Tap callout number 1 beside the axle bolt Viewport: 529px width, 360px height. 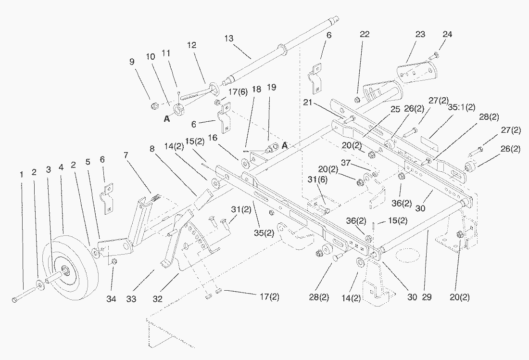(x=22, y=174)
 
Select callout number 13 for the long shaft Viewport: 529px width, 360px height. (x=229, y=38)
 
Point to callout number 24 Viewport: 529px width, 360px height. (x=447, y=34)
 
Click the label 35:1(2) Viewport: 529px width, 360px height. (x=462, y=107)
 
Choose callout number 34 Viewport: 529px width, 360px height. (x=112, y=299)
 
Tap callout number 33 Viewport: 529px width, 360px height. (x=131, y=299)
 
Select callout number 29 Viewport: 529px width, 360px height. (x=427, y=297)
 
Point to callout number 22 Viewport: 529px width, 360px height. (x=365, y=34)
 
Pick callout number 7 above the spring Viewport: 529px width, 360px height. (x=126, y=155)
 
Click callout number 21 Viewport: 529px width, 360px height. (x=307, y=103)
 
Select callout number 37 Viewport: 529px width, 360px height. (x=346, y=163)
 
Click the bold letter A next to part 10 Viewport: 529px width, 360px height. (x=167, y=119)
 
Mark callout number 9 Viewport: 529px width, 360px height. (x=132, y=62)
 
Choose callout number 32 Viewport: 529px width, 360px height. (x=158, y=299)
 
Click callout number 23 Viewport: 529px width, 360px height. (x=420, y=34)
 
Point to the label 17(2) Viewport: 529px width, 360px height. (x=270, y=297)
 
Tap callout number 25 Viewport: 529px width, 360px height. (x=395, y=109)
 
